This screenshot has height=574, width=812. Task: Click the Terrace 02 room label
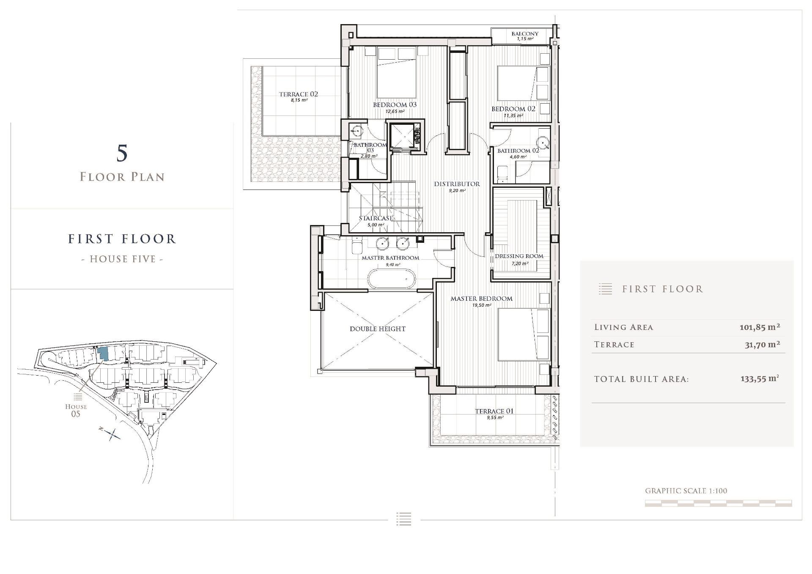pyautogui.click(x=299, y=94)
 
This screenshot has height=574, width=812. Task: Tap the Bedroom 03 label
pyautogui.click(x=395, y=105)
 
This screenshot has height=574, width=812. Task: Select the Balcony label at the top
pyautogui.click(x=525, y=34)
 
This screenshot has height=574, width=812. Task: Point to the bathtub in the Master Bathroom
pyautogui.click(x=391, y=280)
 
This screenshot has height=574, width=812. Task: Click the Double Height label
pyautogui.click(x=378, y=329)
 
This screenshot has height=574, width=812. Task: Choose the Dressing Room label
pyautogui.click(x=519, y=256)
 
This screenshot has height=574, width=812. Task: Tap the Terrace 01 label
pyautogui.click(x=494, y=411)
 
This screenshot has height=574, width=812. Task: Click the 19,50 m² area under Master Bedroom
pyautogui.click(x=482, y=305)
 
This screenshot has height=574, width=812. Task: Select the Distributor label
pyautogui.click(x=457, y=184)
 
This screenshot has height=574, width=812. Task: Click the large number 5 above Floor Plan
pyautogui.click(x=122, y=153)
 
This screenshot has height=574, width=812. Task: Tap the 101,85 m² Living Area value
pyautogui.click(x=760, y=327)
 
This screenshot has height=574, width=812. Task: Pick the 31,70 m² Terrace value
pyautogui.click(x=762, y=344)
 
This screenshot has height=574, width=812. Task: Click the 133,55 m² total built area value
pyautogui.click(x=760, y=379)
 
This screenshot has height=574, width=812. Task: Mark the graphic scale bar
pyautogui.click(x=718, y=503)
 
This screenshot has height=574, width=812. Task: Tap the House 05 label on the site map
pyautogui.click(x=76, y=410)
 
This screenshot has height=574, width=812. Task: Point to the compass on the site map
pyautogui.click(x=112, y=434)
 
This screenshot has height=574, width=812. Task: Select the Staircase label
pyautogui.click(x=376, y=218)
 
